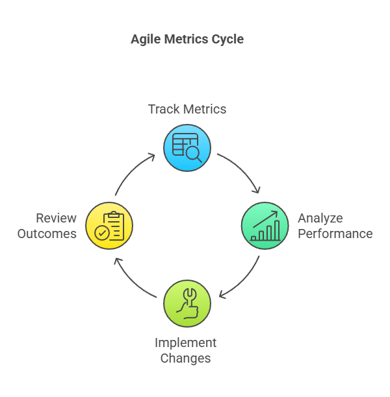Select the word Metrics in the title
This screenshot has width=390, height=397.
click(186, 39)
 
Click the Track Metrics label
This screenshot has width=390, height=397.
click(187, 109)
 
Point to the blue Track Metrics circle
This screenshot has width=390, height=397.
click(187, 148)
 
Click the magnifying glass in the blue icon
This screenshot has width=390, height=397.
click(194, 154)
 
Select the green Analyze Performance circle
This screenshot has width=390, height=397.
click(265, 226)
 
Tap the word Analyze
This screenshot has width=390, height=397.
click(320, 219)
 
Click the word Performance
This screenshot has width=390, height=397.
click(335, 234)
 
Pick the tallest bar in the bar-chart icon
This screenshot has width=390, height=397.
click(277, 230)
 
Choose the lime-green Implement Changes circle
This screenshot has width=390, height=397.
click(187, 304)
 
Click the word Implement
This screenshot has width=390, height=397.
click(185, 343)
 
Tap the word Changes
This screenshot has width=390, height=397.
click(185, 359)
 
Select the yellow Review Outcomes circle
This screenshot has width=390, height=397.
click(109, 226)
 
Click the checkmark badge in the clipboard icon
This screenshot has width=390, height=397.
click(102, 233)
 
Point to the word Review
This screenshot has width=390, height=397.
click(56, 218)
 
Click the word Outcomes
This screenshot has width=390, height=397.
click(47, 234)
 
